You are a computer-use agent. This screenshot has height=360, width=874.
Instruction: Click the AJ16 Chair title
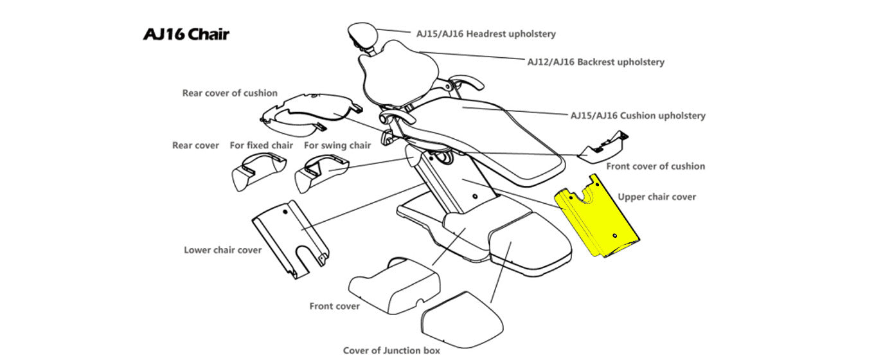[186, 34]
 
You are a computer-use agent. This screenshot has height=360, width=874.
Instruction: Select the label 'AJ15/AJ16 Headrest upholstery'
[486, 33]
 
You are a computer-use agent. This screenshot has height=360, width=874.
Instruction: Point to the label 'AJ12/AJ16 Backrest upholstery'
[596, 62]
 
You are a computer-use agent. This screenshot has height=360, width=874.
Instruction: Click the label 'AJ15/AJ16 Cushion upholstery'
[638, 116]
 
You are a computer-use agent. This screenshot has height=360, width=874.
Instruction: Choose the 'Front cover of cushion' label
[655, 166]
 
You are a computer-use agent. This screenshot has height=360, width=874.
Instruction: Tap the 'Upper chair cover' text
[657, 197]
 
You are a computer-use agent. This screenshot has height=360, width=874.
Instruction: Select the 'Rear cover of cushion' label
[229, 93]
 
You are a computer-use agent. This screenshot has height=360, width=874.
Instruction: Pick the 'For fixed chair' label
[261, 145]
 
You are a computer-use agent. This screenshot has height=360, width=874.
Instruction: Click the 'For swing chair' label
[337, 145]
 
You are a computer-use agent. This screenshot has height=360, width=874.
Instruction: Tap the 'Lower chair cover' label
[222, 249]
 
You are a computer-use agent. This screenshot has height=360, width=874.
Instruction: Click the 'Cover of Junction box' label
[391, 350]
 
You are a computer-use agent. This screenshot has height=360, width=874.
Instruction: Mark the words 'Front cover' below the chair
[334, 306]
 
